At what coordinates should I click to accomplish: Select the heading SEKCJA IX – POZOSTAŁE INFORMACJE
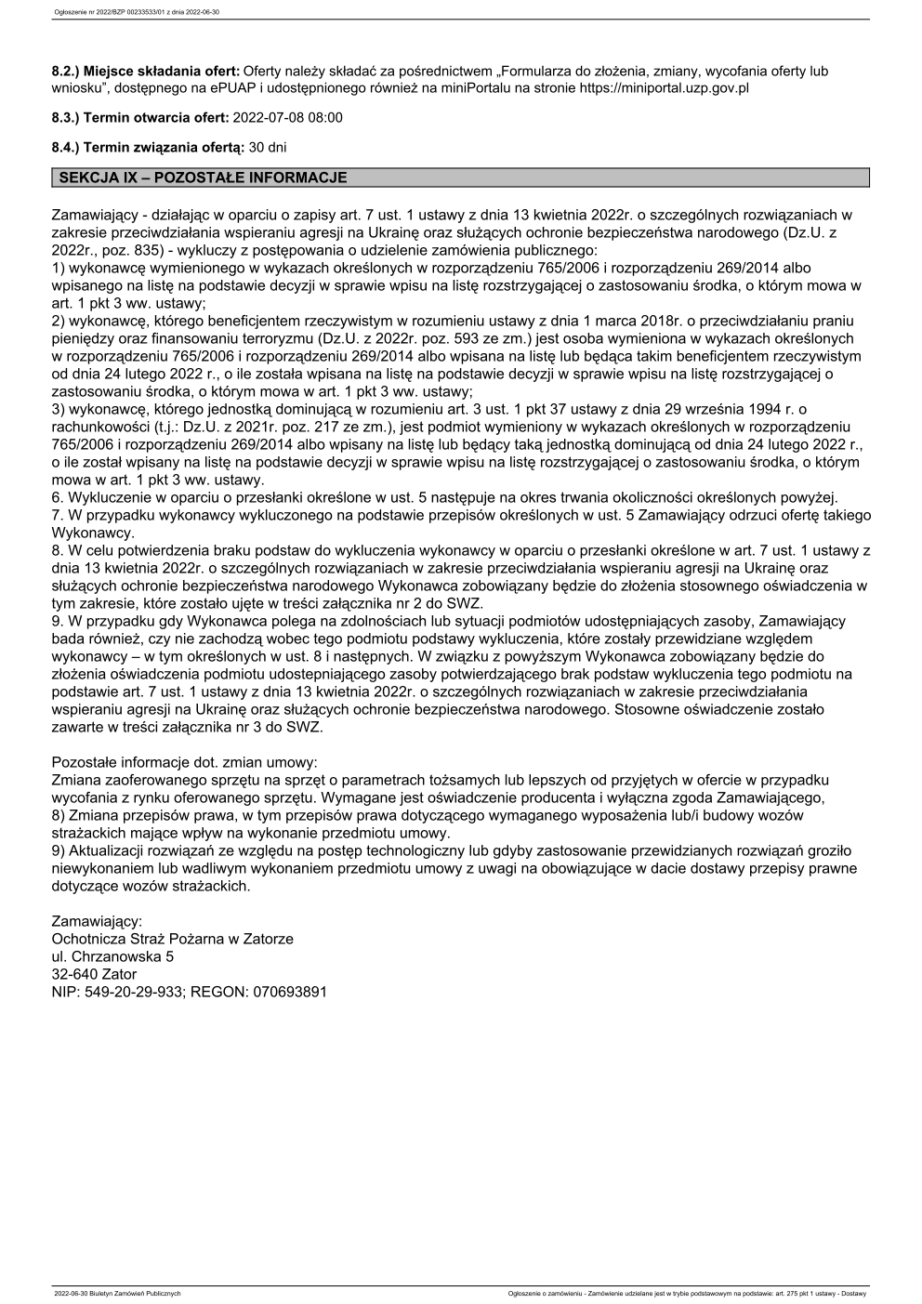pos(203,178)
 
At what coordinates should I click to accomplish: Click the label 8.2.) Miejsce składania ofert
pos(145,71)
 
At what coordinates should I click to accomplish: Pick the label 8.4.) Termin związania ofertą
pos(148,147)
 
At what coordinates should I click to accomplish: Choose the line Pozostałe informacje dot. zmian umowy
pos(184,762)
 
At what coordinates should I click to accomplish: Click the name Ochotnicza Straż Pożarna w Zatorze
pos(173,939)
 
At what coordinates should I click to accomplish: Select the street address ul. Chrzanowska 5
pos(112,956)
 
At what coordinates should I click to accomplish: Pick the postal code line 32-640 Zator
pos(94,974)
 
